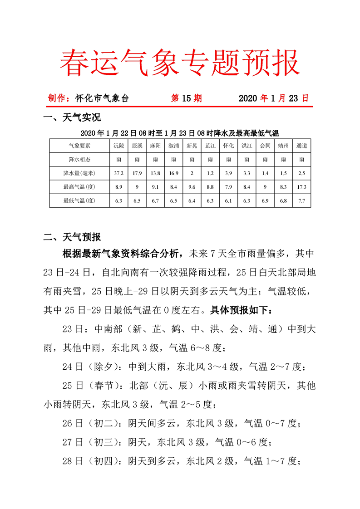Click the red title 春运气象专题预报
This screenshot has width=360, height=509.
click(180, 62)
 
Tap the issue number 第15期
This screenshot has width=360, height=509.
click(186, 98)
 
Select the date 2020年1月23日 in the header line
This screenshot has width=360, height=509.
click(273, 98)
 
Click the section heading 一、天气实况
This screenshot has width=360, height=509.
click(72, 118)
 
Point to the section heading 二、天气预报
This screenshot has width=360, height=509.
click(72, 236)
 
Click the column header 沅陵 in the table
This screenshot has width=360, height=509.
click(118, 146)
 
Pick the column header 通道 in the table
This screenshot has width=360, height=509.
click(301, 146)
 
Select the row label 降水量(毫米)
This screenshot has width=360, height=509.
click(79, 173)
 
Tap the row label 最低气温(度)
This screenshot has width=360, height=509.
click(79, 200)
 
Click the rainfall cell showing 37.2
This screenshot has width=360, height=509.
click(118, 173)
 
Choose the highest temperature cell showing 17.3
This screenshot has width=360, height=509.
click(301, 186)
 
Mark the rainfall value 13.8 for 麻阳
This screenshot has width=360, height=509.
click(155, 173)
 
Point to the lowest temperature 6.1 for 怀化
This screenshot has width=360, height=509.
click(228, 200)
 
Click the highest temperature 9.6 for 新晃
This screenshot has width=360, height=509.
click(192, 186)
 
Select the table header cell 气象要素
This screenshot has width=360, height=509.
click(79, 146)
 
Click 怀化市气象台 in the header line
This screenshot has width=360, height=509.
click(102, 98)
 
